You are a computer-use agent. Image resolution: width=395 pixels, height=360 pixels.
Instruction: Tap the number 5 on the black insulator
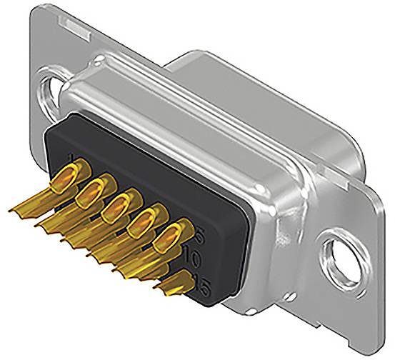[x=199, y=233]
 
